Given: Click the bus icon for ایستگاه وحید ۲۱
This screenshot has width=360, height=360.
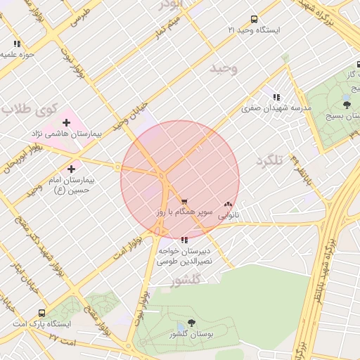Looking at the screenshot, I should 254,19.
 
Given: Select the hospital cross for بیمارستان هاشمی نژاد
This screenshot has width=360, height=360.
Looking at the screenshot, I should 66,123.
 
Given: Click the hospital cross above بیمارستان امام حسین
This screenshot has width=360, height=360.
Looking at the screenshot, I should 71,169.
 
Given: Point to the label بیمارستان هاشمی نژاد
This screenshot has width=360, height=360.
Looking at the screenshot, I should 66,134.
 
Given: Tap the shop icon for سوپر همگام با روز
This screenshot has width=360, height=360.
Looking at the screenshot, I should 184,202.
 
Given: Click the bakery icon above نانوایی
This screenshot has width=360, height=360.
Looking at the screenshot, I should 227,204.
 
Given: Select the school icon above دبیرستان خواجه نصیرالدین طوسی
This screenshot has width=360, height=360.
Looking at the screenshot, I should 184,240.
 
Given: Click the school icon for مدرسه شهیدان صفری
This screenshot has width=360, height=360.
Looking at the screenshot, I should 276,97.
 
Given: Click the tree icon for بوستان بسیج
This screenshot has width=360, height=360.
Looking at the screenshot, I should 347,105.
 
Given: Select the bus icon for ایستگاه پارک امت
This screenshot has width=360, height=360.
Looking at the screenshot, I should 42,313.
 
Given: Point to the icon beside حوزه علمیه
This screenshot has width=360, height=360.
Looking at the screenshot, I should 17,44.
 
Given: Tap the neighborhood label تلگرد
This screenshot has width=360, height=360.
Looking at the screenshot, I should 268,161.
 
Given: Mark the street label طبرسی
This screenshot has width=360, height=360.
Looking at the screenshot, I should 82,15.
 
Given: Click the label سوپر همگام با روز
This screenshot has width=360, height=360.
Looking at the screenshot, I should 179,212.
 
